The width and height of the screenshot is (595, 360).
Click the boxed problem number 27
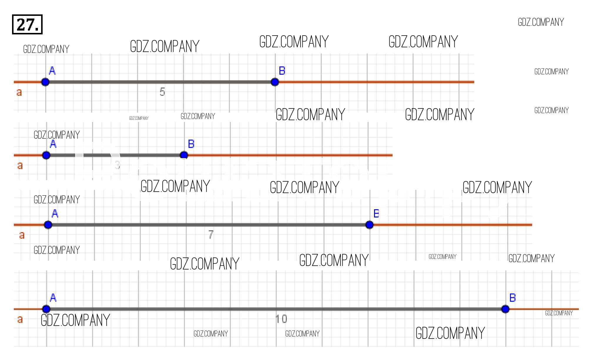[x=27, y=24]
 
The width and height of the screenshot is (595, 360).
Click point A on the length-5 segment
[x=45, y=82]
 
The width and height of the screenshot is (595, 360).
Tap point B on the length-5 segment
[x=275, y=82]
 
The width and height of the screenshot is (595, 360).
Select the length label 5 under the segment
[x=162, y=92]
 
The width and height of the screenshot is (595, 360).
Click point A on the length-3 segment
[x=46, y=155]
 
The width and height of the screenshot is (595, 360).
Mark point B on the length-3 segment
[x=184, y=155]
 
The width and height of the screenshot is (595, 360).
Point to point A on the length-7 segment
[x=48, y=225]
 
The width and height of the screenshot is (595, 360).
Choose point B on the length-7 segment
[x=369, y=225]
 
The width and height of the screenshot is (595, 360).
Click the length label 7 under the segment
[x=211, y=235]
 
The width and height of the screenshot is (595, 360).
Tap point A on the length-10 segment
[x=46, y=309]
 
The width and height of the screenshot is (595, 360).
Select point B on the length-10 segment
[x=505, y=309]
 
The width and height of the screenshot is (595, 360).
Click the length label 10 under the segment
[x=281, y=319]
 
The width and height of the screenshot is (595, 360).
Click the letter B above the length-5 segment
[x=282, y=71]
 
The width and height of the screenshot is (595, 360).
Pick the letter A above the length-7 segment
[x=55, y=214]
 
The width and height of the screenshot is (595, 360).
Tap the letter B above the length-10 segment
[x=513, y=298]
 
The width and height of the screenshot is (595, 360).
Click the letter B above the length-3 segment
[x=191, y=144]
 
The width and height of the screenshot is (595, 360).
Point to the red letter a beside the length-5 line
[x=19, y=92]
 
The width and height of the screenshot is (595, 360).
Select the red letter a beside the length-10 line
[x=20, y=319]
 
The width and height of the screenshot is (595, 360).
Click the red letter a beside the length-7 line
[x=22, y=235]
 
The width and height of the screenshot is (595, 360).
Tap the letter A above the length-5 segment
[x=52, y=71]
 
